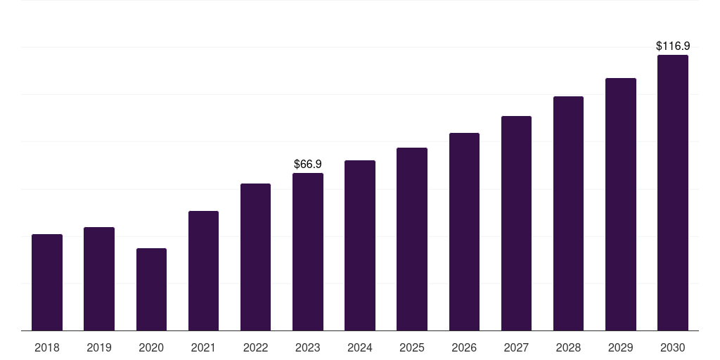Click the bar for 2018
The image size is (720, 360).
point(47,282)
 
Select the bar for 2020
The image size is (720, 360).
point(151,289)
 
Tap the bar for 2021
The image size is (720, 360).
point(203,271)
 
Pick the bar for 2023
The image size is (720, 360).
point(308,252)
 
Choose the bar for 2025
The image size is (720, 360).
point(412,239)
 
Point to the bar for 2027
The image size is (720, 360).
point(516,223)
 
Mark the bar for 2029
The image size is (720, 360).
point(620,204)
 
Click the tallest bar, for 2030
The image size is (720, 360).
point(672,193)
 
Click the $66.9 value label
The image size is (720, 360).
point(308,164)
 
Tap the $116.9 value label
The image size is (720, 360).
point(672,46)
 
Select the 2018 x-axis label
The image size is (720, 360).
point(47,347)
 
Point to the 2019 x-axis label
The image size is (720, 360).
point(99,347)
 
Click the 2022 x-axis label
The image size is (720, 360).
point(255,347)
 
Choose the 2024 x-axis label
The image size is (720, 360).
point(360,347)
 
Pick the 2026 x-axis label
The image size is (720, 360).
point(464,347)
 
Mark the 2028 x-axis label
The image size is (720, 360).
point(568,347)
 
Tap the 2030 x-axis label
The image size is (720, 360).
point(672,347)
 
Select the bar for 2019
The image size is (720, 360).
point(99,278)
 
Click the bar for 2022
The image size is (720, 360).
point(255,257)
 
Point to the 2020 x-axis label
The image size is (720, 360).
point(151,347)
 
